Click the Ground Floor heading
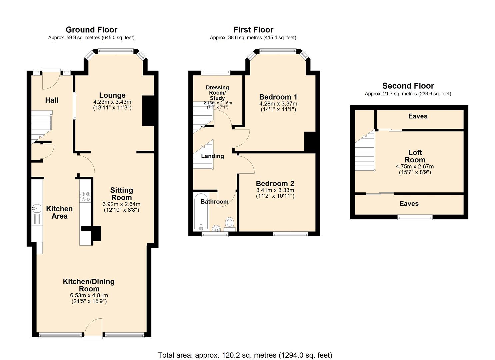tap(91, 30)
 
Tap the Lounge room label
tap(112, 95)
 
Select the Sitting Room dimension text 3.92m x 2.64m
tap(121, 204)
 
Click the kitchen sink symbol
tap(36, 209)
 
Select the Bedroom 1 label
tap(278, 97)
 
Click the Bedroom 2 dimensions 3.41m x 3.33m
tap(275, 190)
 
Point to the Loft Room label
tap(415, 156)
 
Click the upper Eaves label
tap(418, 116)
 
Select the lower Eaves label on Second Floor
tap(409, 204)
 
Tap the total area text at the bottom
tap(245, 355)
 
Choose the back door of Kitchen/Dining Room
tap(93, 329)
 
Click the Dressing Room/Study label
tap(217, 93)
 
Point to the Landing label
tap(212, 156)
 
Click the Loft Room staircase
tap(365, 153)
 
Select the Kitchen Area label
tap(59, 212)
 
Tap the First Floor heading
tap(253, 30)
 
